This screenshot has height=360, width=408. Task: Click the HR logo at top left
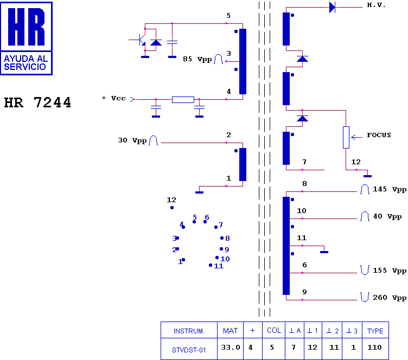[26, 38]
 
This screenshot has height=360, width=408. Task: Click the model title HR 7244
[37, 102]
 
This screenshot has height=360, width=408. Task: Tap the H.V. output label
[376, 5]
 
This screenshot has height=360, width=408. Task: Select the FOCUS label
[379, 135]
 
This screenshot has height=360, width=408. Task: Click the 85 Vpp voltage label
[197, 59]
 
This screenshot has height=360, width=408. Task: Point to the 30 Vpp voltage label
[132, 140]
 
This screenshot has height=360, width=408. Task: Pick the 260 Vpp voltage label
[390, 297]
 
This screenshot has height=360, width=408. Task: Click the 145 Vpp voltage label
[390, 189]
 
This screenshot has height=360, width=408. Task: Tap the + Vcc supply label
[114, 98]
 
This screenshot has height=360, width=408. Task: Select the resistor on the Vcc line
[183, 100]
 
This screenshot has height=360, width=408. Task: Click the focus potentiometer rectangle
[346, 138]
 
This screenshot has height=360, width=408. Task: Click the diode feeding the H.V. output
[332, 7]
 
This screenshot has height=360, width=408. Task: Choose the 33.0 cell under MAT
[230, 348]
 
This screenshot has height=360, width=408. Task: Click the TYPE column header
[375, 331]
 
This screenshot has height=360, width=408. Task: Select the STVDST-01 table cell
[189, 350]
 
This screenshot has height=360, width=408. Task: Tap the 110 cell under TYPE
[374, 348]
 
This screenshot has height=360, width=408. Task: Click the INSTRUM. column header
[189, 331]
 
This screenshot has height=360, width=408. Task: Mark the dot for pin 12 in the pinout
[172, 208]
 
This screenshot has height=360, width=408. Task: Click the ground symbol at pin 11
[324, 252]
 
